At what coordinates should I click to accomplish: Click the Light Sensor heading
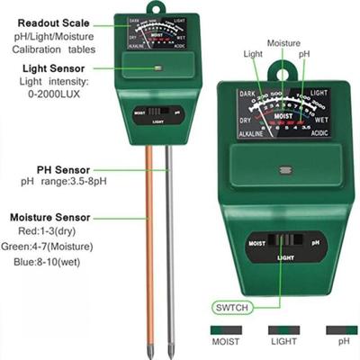click(x=46, y=69)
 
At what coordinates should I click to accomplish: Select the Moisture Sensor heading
click(x=49, y=218)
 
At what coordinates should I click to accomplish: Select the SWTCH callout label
click(x=229, y=303)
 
